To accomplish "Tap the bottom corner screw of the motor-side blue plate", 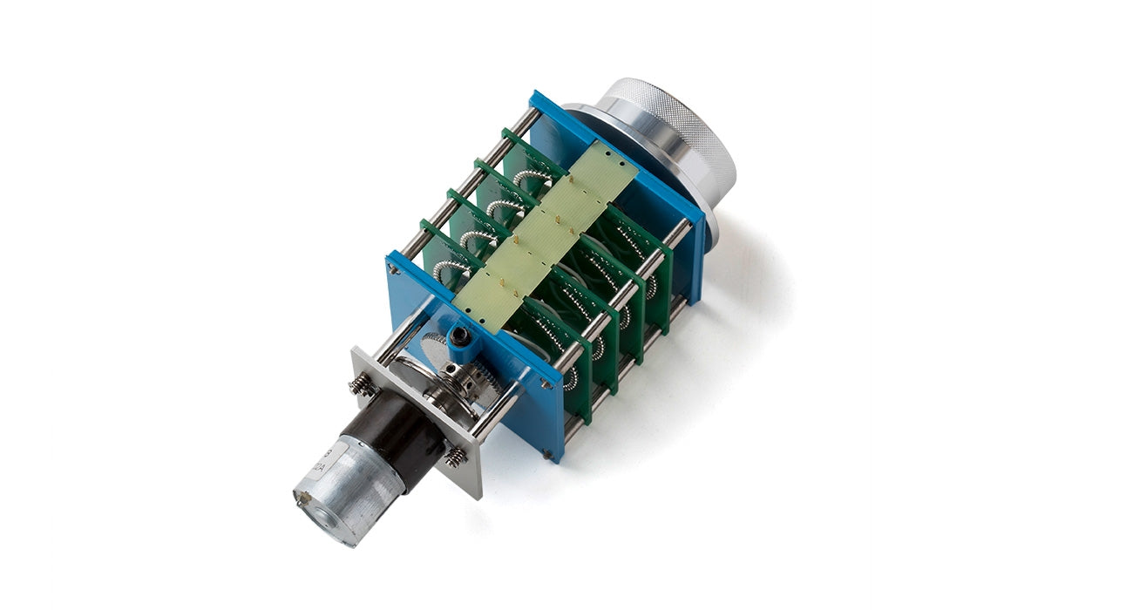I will tap(546, 453).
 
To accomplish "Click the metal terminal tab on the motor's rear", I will tap(302, 498).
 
